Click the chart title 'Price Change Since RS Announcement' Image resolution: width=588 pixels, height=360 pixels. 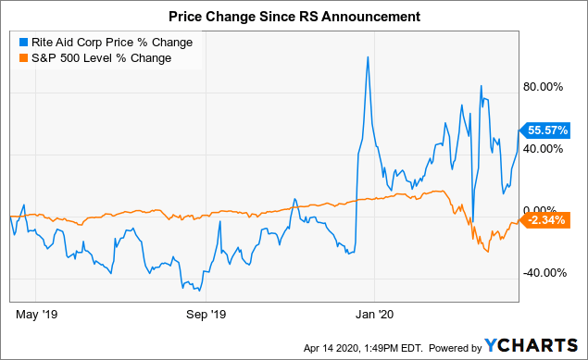tap(294, 17)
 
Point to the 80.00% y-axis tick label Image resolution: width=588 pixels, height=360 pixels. tap(544, 86)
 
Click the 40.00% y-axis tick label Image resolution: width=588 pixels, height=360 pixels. tap(544, 148)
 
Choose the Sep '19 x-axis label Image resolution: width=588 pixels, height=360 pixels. tap(207, 313)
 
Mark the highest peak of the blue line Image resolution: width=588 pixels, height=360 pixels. tap(369, 57)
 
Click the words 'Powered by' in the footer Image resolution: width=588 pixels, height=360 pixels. tap(450, 347)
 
